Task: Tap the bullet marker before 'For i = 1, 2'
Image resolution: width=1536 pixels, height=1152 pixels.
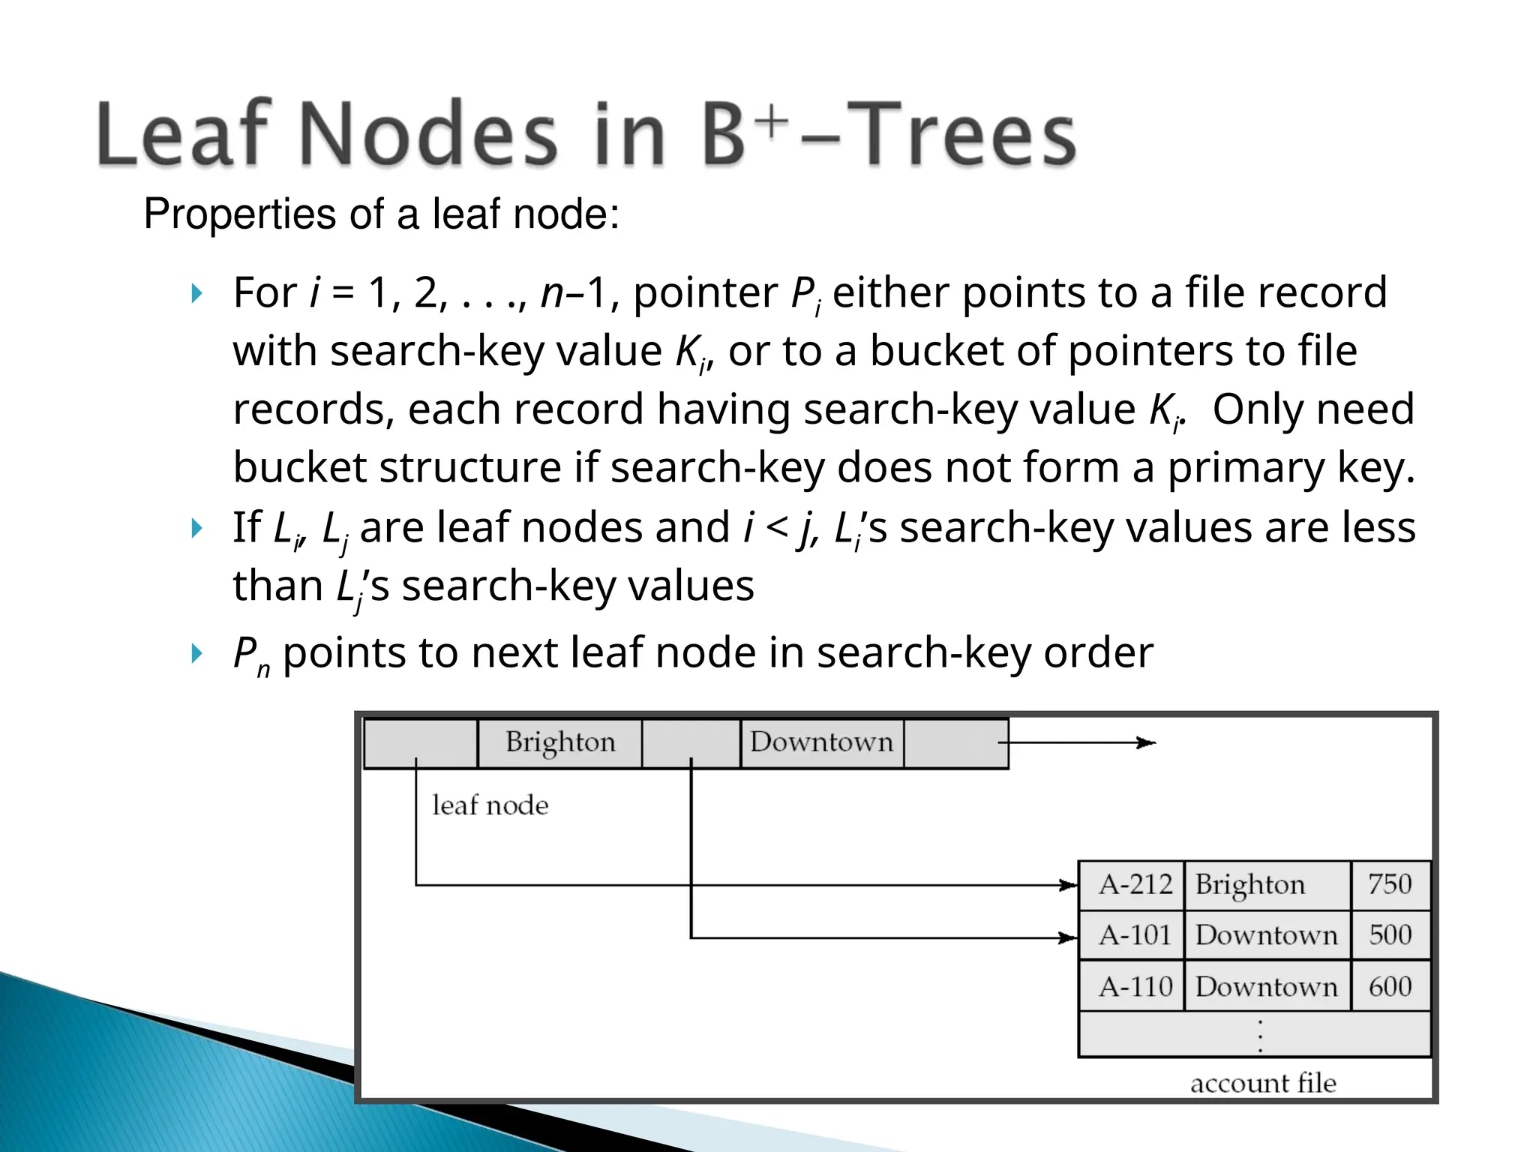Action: pyautogui.click(x=196, y=293)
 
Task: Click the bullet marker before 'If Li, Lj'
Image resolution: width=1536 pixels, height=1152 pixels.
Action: pyautogui.click(x=196, y=528)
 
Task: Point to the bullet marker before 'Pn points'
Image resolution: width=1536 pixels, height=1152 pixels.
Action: pyautogui.click(x=196, y=653)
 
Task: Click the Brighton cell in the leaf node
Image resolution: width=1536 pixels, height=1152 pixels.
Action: pyautogui.click(x=560, y=742)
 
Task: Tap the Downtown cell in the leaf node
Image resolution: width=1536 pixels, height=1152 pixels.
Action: pyautogui.click(x=822, y=742)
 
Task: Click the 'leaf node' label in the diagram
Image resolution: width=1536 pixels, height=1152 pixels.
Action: pyautogui.click(x=490, y=805)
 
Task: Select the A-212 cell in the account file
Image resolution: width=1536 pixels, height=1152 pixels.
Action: pyautogui.click(x=1133, y=885)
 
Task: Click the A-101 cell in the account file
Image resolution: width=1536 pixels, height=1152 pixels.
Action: pyautogui.click(x=1133, y=935)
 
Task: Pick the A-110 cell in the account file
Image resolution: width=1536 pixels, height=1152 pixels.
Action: pyautogui.click(x=1133, y=987)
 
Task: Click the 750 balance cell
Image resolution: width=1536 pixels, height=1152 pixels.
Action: pyautogui.click(x=1390, y=885)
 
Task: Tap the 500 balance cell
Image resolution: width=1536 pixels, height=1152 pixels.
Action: pyautogui.click(x=1390, y=935)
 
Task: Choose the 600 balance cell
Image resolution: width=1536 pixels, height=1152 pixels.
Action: pyautogui.click(x=1390, y=987)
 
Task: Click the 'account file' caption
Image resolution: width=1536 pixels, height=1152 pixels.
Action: pyautogui.click(x=1263, y=1083)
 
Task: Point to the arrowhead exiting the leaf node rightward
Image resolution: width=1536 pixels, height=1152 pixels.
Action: pyautogui.click(x=1147, y=742)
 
